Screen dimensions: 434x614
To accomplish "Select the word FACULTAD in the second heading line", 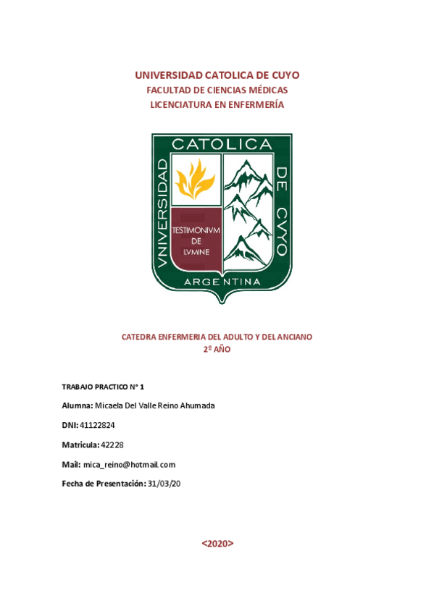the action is coord(168,91).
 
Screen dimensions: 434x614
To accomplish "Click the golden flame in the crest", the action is coord(195,180).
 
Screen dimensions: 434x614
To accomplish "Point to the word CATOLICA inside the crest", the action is coord(221,145).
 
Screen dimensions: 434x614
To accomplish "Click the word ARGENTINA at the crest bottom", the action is coord(222,280).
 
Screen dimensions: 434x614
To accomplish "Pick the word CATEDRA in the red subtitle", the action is coord(139,337).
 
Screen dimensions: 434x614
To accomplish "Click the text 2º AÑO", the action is coord(217,349).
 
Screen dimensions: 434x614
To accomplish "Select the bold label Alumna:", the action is coord(78,405).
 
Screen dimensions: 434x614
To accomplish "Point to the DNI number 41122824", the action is coord(98,425).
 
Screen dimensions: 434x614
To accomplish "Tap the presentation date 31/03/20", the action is coord(164,484).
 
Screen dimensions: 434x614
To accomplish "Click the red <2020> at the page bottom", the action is coord(217,543).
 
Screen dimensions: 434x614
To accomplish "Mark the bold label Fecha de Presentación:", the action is coord(104,484).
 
